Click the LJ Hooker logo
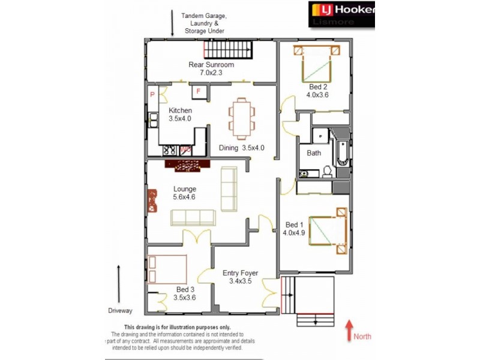tap(341, 15)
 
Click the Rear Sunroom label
tap(211, 68)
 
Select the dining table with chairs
tap(241, 117)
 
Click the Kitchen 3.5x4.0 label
tap(180, 115)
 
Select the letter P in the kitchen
tap(153, 95)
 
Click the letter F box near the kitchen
tap(199, 91)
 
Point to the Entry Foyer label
tap(240, 277)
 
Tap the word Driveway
tap(120, 311)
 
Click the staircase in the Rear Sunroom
tap(229, 49)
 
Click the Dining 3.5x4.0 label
tap(242, 148)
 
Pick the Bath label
tap(314, 153)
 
